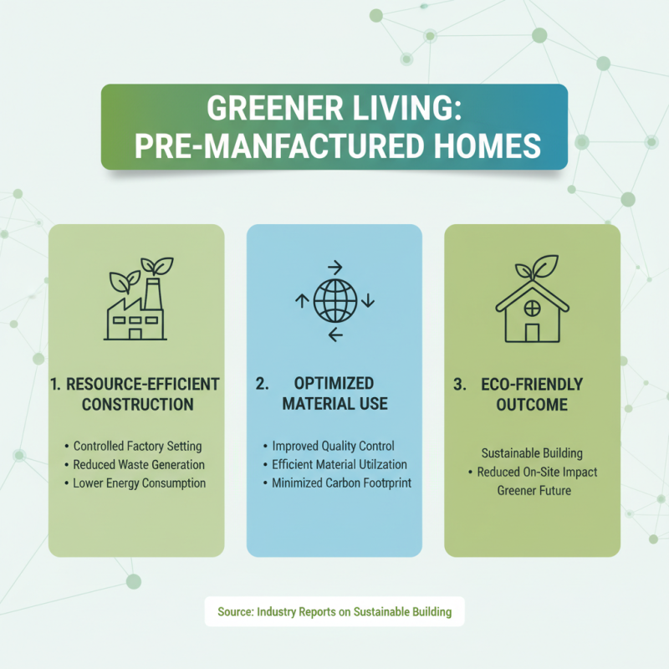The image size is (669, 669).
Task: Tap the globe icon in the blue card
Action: click(334, 302)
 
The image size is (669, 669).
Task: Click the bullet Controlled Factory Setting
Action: click(137, 446)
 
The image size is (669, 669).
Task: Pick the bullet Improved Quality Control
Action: click(333, 446)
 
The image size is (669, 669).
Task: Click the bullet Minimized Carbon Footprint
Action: click(342, 483)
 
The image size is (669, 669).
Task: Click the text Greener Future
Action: click(534, 490)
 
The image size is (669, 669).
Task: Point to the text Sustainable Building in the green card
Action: click(533, 453)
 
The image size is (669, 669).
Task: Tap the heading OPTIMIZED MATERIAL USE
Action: click(334, 394)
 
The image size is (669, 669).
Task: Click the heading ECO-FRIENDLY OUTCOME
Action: click(532, 395)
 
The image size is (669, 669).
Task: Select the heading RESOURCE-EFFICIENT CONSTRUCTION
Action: click(136, 395)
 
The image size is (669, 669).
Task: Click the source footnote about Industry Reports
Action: click(334, 611)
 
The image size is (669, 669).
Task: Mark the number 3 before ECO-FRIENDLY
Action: click(459, 385)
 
